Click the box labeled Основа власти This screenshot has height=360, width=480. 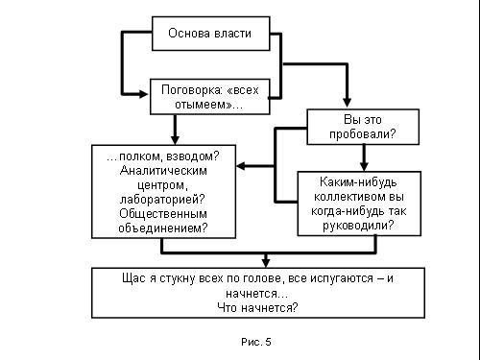click(x=211, y=34)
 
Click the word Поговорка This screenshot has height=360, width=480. click(x=187, y=90)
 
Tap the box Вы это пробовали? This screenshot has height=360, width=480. click(x=363, y=127)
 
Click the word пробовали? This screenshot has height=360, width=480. click(x=363, y=133)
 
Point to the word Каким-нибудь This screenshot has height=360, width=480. click(x=358, y=182)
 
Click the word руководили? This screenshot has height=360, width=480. click(x=358, y=226)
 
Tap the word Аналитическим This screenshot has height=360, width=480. click(x=163, y=171)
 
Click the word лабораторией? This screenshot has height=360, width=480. click(x=162, y=200)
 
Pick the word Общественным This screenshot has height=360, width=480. click(x=163, y=213)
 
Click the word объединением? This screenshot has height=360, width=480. click(x=163, y=228)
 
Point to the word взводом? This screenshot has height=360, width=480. click(x=193, y=156)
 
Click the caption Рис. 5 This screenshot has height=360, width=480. click(x=256, y=342)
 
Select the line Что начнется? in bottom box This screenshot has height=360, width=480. click(x=257, y=308)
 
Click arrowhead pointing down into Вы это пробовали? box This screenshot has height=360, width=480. click(x=348, y=103)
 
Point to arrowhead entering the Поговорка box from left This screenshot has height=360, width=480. click(x=143, y=94)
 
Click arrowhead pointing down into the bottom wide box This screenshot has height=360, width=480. click(x=266, y=263)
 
